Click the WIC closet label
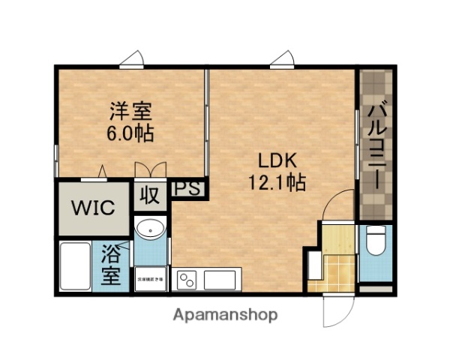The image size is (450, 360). coord(93,207)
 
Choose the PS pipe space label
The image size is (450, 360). coord(188,189)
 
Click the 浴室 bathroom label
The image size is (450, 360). coord(109,265)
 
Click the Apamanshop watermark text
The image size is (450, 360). coord(225,315)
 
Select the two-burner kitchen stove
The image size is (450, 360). coord(186,281)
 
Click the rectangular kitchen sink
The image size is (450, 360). coord(219,281)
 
